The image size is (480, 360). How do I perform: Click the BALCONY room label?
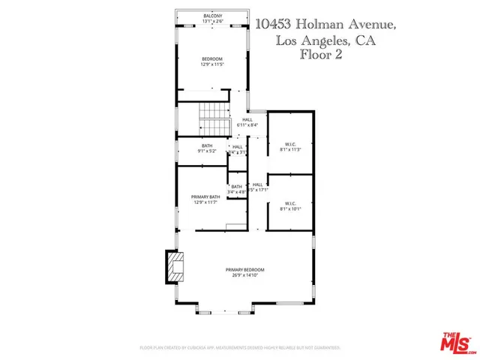pos(213,16)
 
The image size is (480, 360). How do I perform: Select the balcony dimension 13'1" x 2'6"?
pos(213,21)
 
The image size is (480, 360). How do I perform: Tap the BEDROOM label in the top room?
pos(213,58)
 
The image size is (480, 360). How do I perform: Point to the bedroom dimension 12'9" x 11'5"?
pos(213,64)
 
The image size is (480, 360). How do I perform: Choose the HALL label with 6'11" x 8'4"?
pos(247,120)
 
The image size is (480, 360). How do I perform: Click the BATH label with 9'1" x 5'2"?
pos(208,145)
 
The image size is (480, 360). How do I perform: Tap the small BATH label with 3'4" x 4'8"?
pos(237,187)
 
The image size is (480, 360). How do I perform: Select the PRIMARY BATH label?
pos(203,196)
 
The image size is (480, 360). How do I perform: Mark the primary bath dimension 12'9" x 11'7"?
pos(203,202)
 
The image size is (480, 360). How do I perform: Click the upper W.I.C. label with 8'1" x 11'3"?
pos(291,144)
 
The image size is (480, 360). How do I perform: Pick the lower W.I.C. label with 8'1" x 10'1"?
pos(291,203)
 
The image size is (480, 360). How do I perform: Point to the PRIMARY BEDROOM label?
pos(245,269)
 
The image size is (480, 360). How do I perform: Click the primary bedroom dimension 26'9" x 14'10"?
pos(245,275)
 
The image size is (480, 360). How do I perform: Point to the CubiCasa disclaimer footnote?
pos(240,348)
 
